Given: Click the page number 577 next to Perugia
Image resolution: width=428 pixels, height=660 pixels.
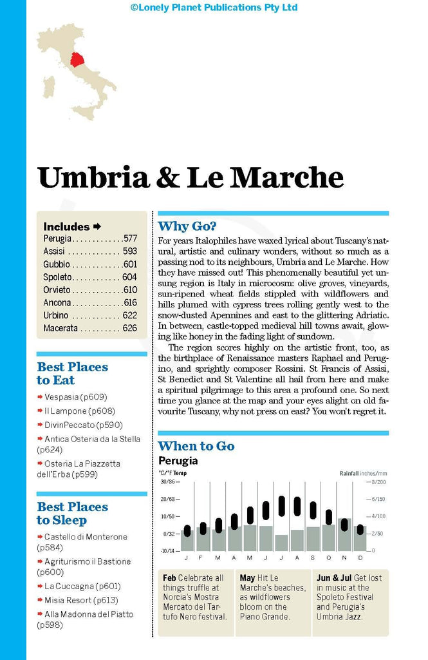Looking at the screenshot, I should coord(129,238).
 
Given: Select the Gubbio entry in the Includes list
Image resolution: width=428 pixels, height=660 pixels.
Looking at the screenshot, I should coord(57,264).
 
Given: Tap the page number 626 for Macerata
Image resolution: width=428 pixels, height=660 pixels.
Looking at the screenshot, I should coord(129,328).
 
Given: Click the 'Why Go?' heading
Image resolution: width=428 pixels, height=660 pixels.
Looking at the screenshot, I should coord(187,226).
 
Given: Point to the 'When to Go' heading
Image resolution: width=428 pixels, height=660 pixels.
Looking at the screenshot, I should coord(196,446).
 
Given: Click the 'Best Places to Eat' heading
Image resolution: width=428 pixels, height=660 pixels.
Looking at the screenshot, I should coord(72,374).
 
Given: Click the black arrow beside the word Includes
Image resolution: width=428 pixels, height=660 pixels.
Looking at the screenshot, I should coord(97,226).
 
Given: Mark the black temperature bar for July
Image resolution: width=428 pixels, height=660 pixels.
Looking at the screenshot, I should coord(281,506).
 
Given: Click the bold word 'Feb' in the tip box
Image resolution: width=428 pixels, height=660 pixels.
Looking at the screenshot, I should coord(169,578).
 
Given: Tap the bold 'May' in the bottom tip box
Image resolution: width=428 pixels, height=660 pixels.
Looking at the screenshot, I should coord(247,578).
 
